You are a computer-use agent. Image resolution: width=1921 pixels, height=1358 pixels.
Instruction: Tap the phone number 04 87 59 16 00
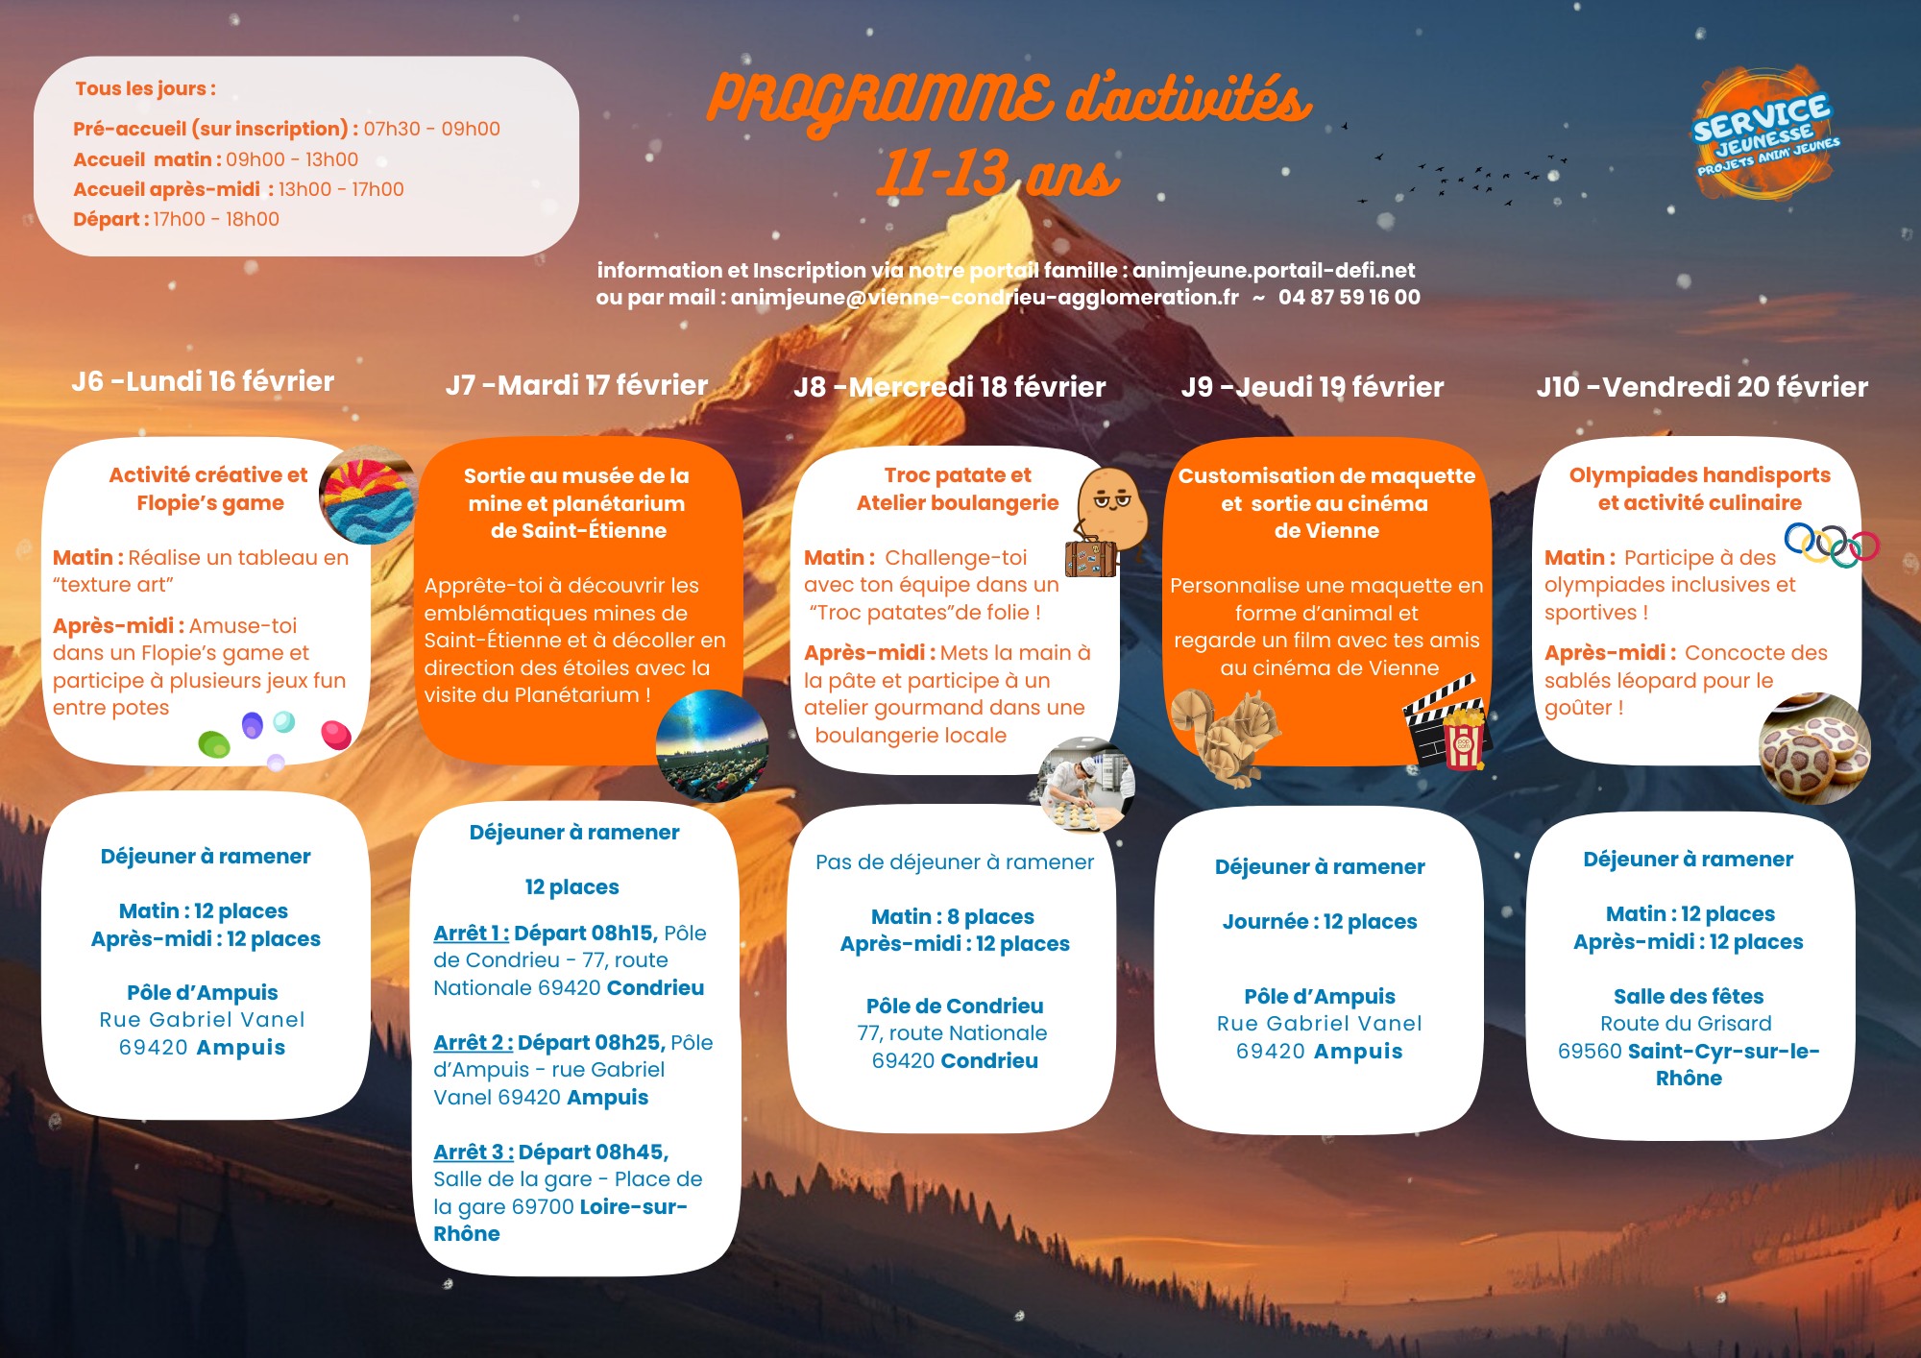coord(1349,298)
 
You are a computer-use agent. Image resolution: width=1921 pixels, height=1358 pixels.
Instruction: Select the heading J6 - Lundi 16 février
coord(203,382)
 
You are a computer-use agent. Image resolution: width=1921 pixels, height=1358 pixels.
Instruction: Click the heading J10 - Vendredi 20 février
coord(1702,387)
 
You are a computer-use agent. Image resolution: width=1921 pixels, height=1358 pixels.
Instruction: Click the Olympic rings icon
coord(1831,545)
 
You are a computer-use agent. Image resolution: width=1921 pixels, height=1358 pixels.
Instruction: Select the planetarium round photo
coord(712,744)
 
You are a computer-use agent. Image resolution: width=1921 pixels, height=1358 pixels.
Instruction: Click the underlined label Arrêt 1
coord(471,934)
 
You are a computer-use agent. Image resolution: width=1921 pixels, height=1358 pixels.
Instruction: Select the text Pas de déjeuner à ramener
coord(954,862)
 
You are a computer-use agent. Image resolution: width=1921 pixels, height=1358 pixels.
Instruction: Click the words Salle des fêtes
coord(1688,997)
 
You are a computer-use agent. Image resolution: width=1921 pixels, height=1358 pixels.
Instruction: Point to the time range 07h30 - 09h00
coord(431,130)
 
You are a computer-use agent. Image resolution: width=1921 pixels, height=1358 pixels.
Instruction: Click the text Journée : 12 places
coord(1319,922)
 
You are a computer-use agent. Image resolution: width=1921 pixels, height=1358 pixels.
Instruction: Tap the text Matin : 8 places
coord(952,917)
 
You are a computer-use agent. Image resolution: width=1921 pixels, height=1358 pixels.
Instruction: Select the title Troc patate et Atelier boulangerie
coord(957,489)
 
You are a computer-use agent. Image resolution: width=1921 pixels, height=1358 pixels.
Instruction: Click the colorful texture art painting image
coord(367,496)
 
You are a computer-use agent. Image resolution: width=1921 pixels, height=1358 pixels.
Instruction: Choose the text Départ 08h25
coord(591,1043)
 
